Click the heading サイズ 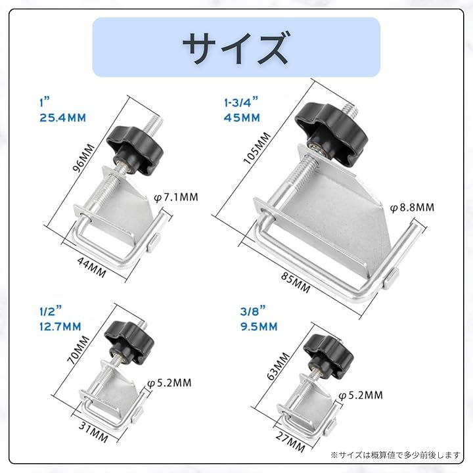236,47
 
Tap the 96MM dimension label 83,158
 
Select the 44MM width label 92,267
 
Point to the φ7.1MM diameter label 176,197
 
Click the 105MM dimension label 257,148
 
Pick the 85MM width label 296,282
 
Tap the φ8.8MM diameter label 413,208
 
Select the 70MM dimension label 78,350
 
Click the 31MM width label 93,432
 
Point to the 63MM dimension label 279,366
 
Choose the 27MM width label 290,442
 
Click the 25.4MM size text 63,118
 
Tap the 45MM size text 242,118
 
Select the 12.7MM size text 60,327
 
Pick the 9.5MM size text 259,327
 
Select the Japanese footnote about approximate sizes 395,455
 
